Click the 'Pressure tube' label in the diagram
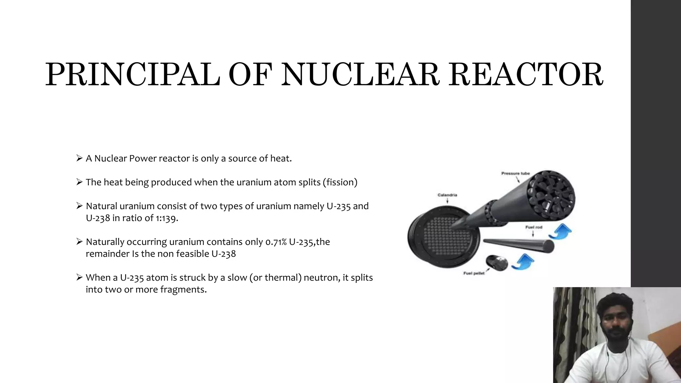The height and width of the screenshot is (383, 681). pos(515,174)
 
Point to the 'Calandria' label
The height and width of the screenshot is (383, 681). pos(447,195)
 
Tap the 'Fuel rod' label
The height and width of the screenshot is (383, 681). pos(534,227)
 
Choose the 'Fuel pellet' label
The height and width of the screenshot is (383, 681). pos(474,273)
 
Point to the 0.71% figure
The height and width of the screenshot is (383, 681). pos(276,242)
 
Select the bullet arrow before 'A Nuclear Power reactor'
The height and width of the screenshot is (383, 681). pos(79,158)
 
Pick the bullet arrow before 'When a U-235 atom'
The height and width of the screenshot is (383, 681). pos(79,277)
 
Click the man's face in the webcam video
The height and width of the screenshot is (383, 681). pos(614,319)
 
